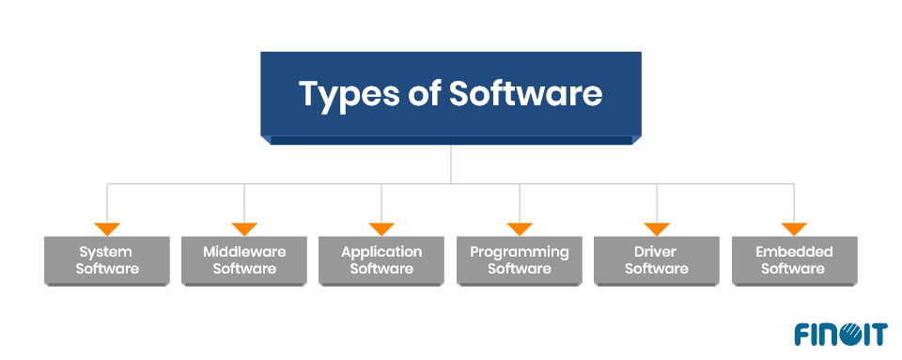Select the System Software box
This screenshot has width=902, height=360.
[x=107, y=260]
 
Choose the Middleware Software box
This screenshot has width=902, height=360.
[x=244, y=260]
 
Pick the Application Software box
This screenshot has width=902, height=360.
[x=381, y=260]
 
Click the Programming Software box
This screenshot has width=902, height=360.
[x=520, y=260]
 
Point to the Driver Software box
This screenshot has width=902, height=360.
[x=657, y=260]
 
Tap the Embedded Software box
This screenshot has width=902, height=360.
[x=794, y=260]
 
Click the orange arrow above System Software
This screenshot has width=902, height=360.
[x=107, y=228]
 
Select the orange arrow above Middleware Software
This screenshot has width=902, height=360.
[x=244, y=228]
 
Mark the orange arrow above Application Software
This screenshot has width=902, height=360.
[x=381, y=228]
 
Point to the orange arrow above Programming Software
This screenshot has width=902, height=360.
[x=520, y=228]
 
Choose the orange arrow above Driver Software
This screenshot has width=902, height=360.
[x=657, y=228]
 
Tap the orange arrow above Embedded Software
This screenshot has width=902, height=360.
[x=794, y=228]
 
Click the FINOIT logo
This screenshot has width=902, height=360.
[x=840, y=334]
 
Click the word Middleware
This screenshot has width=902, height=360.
[x=244, y=252]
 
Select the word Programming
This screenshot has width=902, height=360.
[x=520, y=252]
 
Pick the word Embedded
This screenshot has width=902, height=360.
[x=794, y=252]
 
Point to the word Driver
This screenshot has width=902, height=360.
[x=657, y=252]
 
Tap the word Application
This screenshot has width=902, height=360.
[x=381, y=252]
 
